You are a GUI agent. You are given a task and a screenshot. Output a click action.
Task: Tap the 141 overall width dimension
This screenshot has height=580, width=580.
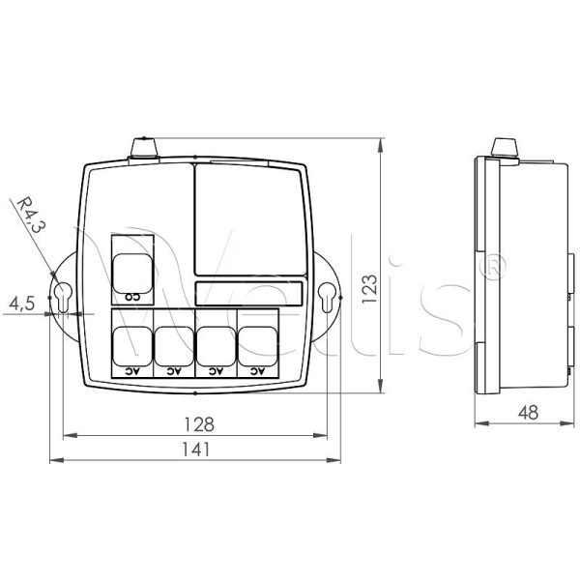[194, 449]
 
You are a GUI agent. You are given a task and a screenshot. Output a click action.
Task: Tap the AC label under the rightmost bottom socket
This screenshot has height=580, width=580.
[257, 370]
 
